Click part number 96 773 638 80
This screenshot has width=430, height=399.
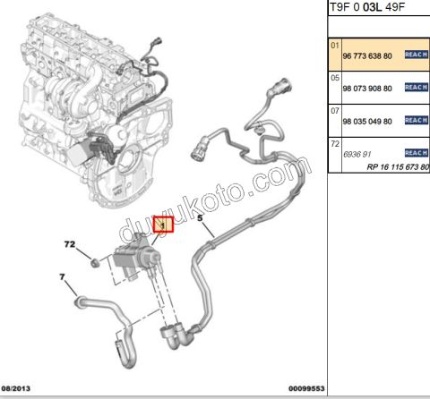coord(367,55)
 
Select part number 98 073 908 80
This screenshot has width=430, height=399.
coord(367,89)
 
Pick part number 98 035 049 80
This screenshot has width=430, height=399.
coord(367,122)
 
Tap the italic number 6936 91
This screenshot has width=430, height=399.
coord(357,154)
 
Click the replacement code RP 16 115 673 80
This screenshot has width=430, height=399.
coord(398,167)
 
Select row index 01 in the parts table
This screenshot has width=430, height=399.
coord(335,46)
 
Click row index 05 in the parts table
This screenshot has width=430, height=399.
coord(335,78)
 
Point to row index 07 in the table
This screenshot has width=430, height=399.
coord(335,111)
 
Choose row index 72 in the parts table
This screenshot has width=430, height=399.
coord(335,144)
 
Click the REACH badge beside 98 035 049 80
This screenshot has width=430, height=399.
coord(417,120)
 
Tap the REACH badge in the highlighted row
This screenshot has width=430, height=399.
coord(417,55)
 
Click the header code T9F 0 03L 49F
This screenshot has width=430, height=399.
coord(366,7)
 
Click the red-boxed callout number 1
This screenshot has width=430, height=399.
coord(163,225)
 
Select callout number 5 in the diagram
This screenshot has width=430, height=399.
coord(200,218)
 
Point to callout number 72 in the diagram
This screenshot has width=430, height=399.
coord(70,244)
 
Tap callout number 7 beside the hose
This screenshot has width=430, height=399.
coord(62,277)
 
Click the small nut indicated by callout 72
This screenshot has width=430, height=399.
coord(95,263)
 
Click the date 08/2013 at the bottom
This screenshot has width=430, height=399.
coord(16,388)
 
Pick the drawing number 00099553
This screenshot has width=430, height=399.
coord(306,388)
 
